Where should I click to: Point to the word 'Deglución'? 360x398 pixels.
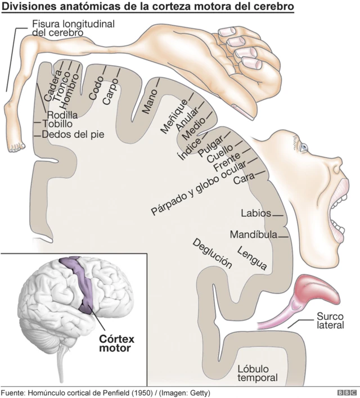[212, 254]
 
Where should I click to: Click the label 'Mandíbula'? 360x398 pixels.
[253, 234]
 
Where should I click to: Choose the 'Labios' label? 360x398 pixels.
[255, 214]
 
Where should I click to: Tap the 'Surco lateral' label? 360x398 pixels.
[330, 321]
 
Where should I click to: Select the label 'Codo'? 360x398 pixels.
[96, 91]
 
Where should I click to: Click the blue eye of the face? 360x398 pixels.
[304, 147]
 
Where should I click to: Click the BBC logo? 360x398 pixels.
[343, 392]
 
